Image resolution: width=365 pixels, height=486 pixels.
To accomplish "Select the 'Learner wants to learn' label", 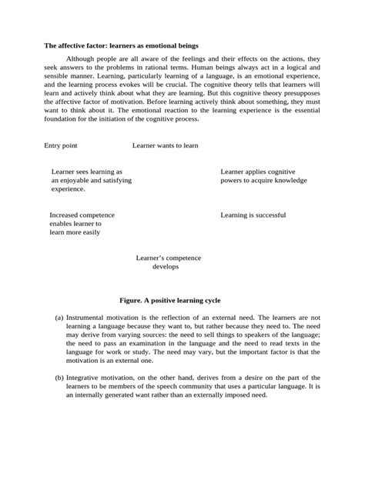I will [x=165, y=145].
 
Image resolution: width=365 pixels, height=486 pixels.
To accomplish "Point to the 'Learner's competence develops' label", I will [x=166, y=262].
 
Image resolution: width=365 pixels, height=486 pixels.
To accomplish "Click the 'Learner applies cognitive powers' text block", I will [x=263, y=175].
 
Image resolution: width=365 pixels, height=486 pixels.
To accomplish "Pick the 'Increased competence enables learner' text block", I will [x=82, y=223].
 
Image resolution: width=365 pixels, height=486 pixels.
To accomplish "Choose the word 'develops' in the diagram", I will [x=166, y=267].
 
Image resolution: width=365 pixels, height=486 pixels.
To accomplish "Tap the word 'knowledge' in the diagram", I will [x=290, y=180].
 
